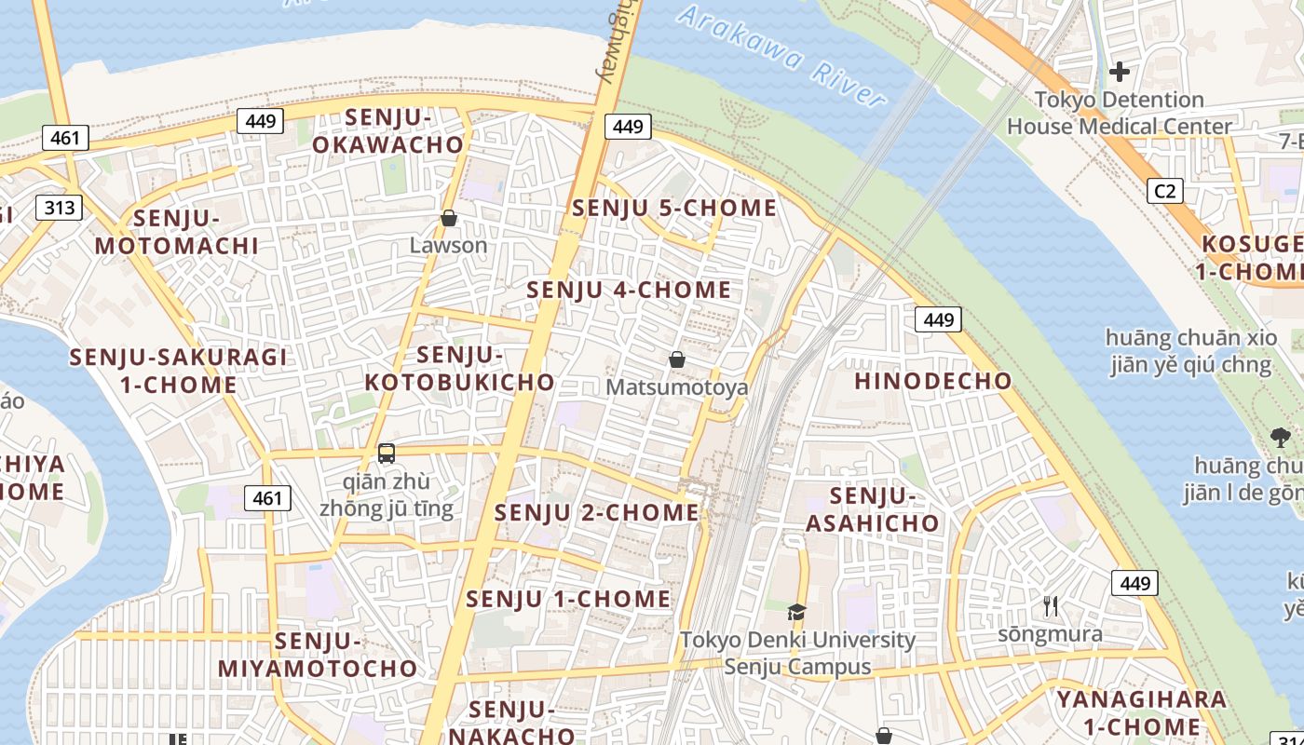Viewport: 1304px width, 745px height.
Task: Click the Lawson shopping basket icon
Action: point(449,219)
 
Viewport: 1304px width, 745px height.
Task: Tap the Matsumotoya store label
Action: point(676,386)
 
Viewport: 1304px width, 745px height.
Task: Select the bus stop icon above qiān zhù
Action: point(387,454)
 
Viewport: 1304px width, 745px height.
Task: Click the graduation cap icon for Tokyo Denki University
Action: point(796,612)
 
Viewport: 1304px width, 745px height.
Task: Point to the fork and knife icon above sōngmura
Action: point(1051,606)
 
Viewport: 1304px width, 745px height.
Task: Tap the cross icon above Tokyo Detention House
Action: point(1120,71)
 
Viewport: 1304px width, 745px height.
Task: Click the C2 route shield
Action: point(1164,191)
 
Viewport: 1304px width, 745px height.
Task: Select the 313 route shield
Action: point(60,207)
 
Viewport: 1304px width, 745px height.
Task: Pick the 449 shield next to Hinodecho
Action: point(938,319)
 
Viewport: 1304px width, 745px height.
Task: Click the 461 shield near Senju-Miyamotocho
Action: point(267,498)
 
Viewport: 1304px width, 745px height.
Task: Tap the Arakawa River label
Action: point(781,57)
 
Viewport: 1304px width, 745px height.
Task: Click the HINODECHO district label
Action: point(932,381)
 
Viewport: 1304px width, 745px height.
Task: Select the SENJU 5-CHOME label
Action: point(674,208)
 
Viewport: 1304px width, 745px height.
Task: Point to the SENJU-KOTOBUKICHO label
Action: point(459,369)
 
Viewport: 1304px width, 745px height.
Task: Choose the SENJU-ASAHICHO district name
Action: point(873,509)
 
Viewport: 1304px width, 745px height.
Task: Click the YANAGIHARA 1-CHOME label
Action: point(1140,712)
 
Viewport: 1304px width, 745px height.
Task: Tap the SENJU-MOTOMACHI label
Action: point(176,232)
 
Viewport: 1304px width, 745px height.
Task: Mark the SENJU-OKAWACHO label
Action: point(387,131)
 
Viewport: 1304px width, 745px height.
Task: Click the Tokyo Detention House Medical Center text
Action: point(1119,113)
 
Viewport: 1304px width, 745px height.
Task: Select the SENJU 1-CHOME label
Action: point(568,599)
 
